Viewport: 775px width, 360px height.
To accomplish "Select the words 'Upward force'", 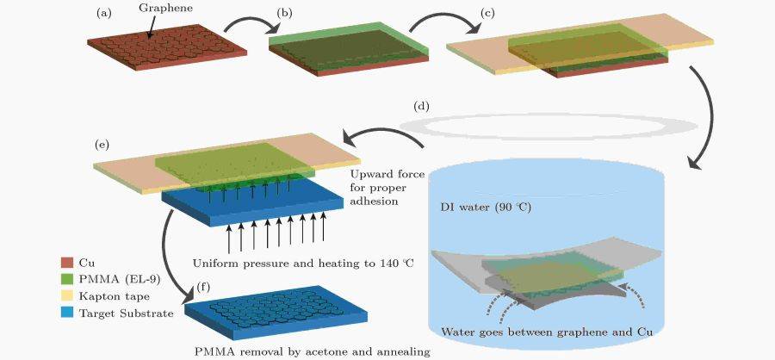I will (x=387, y=173).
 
